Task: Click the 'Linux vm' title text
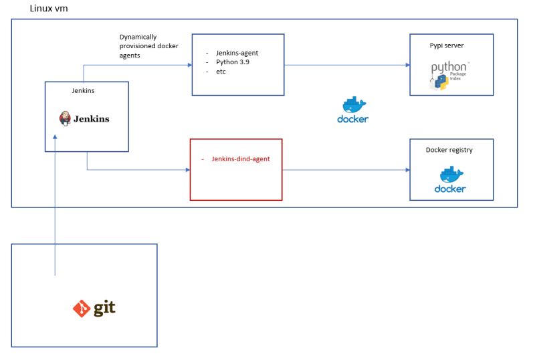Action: [x=49, y=9]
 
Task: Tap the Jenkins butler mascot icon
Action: [x=66, y=118]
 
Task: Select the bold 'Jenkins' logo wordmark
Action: [x=92, y=119]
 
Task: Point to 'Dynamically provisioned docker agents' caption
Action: [x=148, y=46]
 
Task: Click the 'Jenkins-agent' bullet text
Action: [x=237, y=52]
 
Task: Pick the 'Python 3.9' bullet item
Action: [x=233, y=62]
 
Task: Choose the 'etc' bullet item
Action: [x=221, y=71]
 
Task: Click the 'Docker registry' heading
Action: [x=449, y=150]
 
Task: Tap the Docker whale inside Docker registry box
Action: [x=450, y=175]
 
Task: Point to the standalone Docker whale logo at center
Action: [x=353, y=107]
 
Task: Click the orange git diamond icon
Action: [x=82, y=308]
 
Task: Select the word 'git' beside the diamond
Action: [x=104, y=308]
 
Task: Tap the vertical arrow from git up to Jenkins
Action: [x=55, y=201]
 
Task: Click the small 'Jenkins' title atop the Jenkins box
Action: [x=85, y=90]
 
